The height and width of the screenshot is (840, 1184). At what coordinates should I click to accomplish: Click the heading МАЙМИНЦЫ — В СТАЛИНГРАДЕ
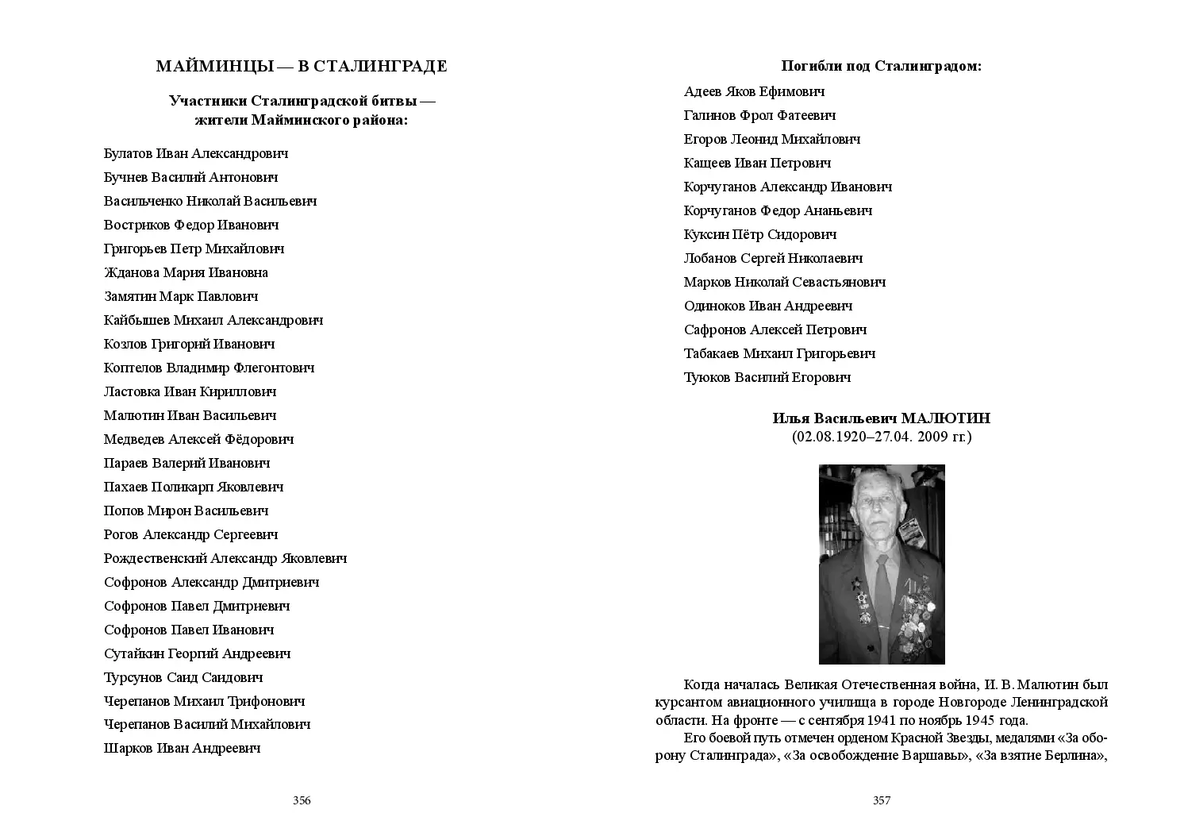[x=302, y=67]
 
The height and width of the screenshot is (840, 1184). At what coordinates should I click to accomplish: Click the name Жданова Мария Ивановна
[x=186, y=272]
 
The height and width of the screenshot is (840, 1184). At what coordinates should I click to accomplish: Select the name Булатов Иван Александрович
[x=195, y=153]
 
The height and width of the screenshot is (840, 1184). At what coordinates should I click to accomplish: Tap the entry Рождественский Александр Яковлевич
[x=225, y=558]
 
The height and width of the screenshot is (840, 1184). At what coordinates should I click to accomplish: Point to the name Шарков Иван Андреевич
[x=182, y=748]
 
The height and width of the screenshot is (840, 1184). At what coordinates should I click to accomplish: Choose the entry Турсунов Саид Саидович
[x=183, y=677]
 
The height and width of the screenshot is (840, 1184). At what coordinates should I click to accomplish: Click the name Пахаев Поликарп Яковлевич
[x=194, y=487]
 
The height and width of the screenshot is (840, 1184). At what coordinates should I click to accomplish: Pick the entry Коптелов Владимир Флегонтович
[x=209, y=368]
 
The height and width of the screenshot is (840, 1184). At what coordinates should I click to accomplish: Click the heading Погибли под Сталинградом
[x=881, y=66]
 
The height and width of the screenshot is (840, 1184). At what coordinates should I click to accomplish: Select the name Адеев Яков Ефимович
[x=754, y=91]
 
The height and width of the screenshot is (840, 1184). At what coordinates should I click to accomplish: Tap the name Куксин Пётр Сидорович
[x=759, y=234]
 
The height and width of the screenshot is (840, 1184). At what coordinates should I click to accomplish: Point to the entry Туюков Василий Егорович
[x=767, y=377]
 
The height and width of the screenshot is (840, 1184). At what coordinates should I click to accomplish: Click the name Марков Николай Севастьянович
[x=784, y=282]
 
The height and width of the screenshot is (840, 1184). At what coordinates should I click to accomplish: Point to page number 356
[x=302, y=800]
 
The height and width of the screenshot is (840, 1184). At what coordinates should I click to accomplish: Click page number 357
[x=882, y=800]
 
